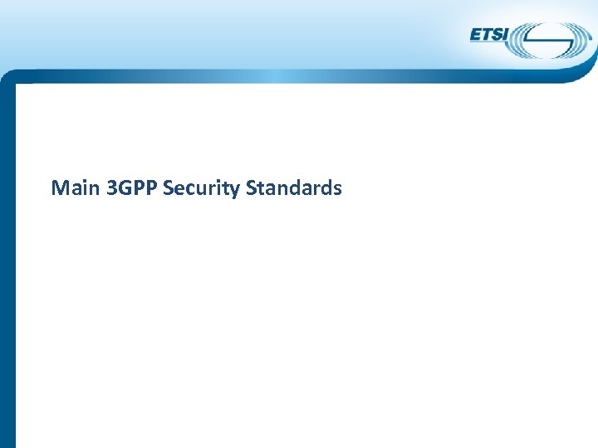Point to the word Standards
(294, 188)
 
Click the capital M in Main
(60, 188)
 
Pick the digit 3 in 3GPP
(112, 188)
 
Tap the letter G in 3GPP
(125, 188)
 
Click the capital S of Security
(169, 188)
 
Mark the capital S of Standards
(252, 188)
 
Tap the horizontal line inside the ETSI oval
(548, 40)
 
